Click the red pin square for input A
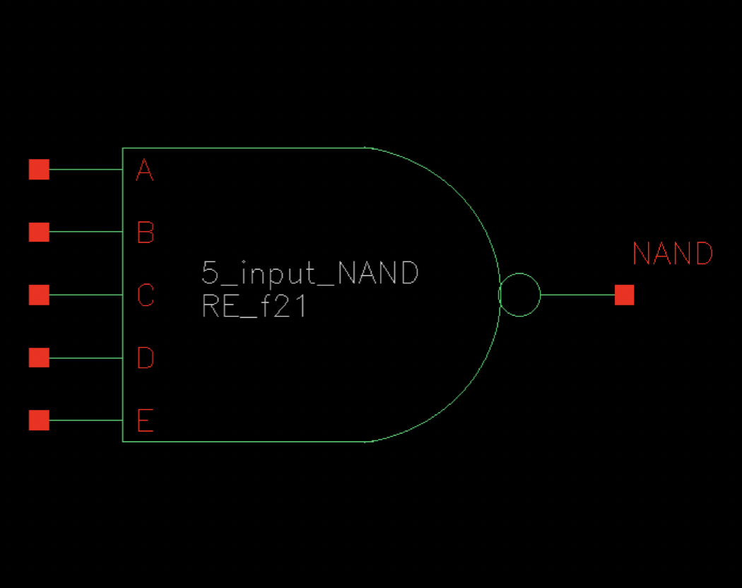pos(39,170)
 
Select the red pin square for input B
pos(39,232)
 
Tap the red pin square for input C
pos(39,295)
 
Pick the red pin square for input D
pos(39,358)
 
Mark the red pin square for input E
pos(39,421)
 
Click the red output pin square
pos(624,295)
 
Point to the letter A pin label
pos(145,170)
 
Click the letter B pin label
pos(145,233)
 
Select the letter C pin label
pos(145,295)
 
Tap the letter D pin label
pos(145,358)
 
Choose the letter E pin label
pos(145,421)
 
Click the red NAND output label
pos(672,254)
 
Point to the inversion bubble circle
pos(520,295)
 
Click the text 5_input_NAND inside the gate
pos(310,273)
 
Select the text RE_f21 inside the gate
pos(254,307)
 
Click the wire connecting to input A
pos(86,170)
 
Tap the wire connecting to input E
pos(86,421)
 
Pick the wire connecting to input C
pos(86,295)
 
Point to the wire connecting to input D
pos(86,358)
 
